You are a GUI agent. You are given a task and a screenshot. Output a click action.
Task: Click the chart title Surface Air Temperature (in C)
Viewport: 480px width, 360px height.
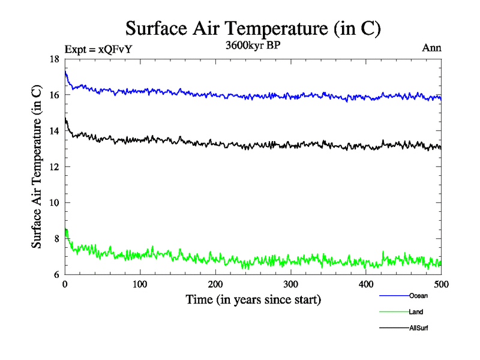click(252, 28)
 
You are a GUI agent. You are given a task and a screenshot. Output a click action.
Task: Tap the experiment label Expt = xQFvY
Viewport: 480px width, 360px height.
click(97, 50)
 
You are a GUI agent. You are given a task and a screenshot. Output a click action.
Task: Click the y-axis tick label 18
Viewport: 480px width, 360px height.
click(54, 59)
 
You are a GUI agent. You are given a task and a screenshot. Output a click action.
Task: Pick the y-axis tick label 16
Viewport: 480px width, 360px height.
click(54, 95)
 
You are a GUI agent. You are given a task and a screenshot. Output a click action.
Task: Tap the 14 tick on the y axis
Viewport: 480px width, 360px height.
click(54, 131)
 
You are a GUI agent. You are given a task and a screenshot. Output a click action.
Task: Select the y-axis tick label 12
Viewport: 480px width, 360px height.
click(54, 167)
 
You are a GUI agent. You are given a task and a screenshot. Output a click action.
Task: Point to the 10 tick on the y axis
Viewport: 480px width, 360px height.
click(54, 203)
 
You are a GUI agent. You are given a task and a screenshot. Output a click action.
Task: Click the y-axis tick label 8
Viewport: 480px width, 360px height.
click(56, 239)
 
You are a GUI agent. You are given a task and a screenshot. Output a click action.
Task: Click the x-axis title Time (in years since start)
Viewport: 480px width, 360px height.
click(253, 299)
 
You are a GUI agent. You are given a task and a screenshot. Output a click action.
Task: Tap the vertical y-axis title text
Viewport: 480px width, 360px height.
click(37, 167)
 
